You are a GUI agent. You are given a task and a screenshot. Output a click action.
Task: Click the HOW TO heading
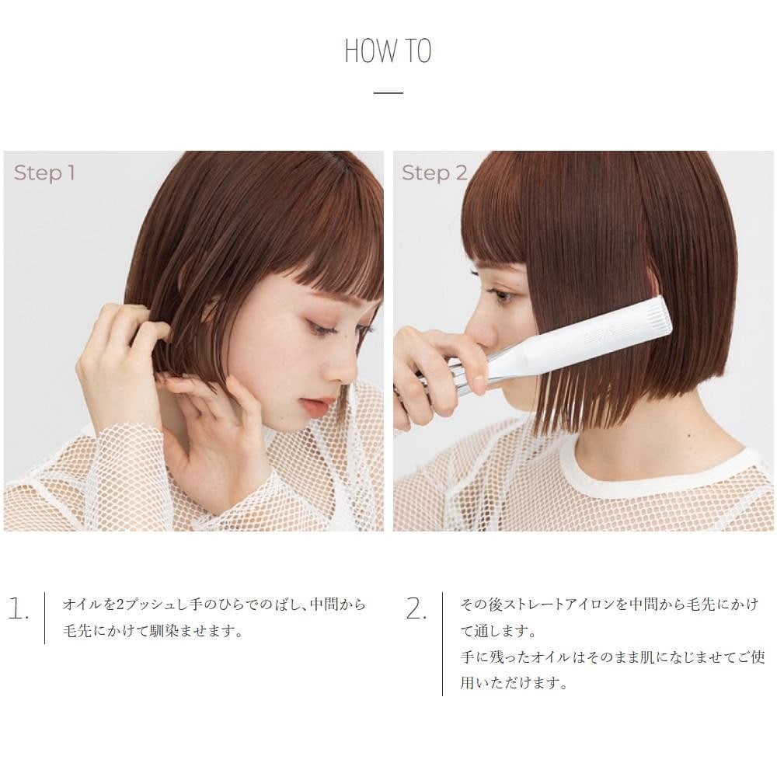point(388,51)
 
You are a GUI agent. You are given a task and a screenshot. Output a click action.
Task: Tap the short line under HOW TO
point(388,92)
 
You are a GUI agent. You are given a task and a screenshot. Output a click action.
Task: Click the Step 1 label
point(44,173)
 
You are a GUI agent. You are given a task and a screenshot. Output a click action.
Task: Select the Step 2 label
point(434,173)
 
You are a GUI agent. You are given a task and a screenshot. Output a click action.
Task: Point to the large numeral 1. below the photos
point(19,608)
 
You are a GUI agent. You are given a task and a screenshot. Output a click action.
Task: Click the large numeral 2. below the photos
point(416,608)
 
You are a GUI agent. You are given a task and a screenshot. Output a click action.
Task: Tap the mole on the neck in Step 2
point(689,436)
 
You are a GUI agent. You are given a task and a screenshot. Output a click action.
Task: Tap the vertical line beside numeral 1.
point(45,618)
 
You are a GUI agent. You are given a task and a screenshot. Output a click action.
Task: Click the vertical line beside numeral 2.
point(443,643)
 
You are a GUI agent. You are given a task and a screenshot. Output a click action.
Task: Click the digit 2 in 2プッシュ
point(120,605)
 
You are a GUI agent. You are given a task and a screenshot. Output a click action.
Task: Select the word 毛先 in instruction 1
point(77,631)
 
